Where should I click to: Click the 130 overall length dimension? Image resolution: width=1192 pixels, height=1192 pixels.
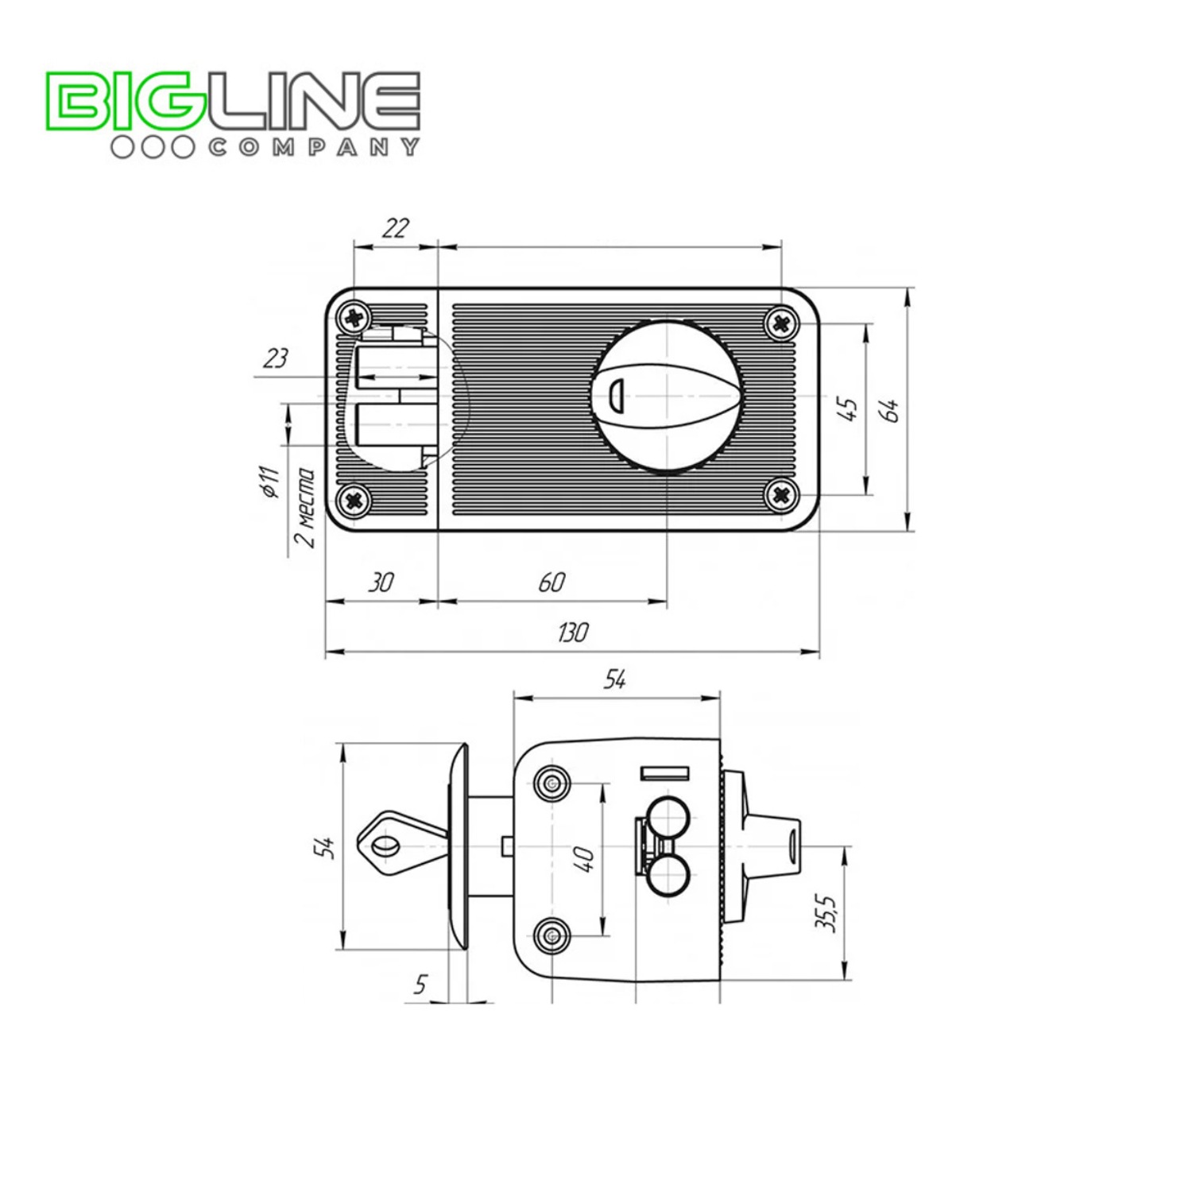pos(572,633)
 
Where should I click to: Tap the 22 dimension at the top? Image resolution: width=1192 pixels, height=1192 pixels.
pos(395,228)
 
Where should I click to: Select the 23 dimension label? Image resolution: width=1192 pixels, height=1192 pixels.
pos(275,358)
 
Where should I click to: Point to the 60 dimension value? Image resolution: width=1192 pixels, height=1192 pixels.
pos(551,582)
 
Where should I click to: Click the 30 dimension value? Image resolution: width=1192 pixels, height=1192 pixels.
pos(381,582)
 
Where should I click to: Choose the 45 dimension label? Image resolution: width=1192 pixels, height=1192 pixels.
pos(848,409)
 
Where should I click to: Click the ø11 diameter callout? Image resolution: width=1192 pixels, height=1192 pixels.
pos(271,482)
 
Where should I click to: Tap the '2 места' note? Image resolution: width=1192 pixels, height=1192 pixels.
pos(304,509)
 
